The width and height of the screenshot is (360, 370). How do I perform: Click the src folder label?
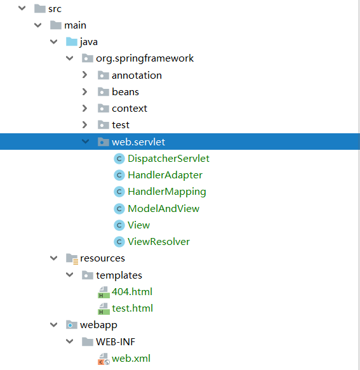55,8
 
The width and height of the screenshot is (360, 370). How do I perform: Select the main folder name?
75,25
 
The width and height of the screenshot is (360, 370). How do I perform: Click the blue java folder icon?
71,42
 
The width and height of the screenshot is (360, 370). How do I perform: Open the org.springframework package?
145,58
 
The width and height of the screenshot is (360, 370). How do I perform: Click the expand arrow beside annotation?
85,75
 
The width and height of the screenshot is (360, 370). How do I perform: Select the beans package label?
125,91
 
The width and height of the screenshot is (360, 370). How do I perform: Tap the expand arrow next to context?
85,108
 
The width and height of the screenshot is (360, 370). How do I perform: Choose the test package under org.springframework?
121,124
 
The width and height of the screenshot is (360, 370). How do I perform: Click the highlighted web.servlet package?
138,142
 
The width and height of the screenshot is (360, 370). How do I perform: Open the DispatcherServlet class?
168,158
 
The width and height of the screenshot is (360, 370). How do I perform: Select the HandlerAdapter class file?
165,175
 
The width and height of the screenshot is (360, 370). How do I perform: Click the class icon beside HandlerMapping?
119,192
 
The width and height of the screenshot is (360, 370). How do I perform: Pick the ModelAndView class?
163,208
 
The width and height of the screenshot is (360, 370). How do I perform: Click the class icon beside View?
119,225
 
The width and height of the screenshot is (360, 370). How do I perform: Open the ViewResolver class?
159,241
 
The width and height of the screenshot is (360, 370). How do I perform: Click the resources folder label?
102,258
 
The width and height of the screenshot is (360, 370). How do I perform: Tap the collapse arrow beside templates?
69,275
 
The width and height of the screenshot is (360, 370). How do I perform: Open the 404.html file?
132,292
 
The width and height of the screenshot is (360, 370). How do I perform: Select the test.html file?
132,308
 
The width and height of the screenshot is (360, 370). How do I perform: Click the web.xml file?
131,359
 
